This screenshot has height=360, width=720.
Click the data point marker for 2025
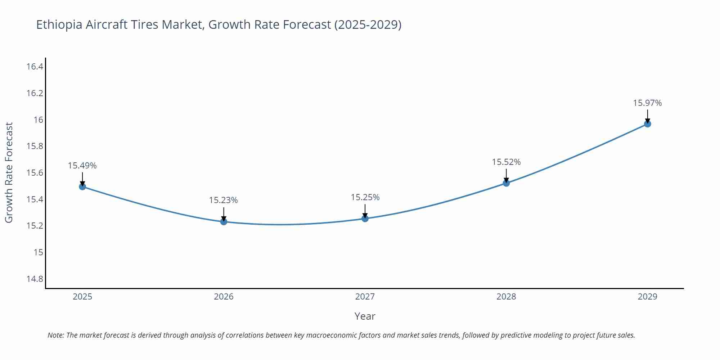pos(82,186)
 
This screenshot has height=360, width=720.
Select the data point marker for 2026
pos(224,221)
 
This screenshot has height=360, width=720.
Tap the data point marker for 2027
pos(365,218)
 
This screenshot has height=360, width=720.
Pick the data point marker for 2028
pos(506,183)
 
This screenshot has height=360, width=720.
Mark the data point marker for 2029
pos(647,124)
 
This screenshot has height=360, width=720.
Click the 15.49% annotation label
pos(82,166)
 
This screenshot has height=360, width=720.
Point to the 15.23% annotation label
pos(224,200)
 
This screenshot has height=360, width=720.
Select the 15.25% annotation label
pos(365,197)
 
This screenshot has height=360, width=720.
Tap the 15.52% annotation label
pos(506,162)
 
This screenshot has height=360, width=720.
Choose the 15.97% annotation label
pos(647,103)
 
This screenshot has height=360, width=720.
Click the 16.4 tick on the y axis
pos(35,67)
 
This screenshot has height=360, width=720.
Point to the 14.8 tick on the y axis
pos(35,279)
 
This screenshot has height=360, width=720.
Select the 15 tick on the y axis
pos(38,252)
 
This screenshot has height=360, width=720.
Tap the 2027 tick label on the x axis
pos(365,297)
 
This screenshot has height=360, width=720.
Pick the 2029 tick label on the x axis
pos(647,297)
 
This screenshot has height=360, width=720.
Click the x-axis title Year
pos(365,316)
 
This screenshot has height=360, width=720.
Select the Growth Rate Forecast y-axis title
pos(9,172)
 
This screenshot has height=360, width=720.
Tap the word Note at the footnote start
pos(55,335)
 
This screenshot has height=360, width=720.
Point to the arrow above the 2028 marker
pos(506,176)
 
